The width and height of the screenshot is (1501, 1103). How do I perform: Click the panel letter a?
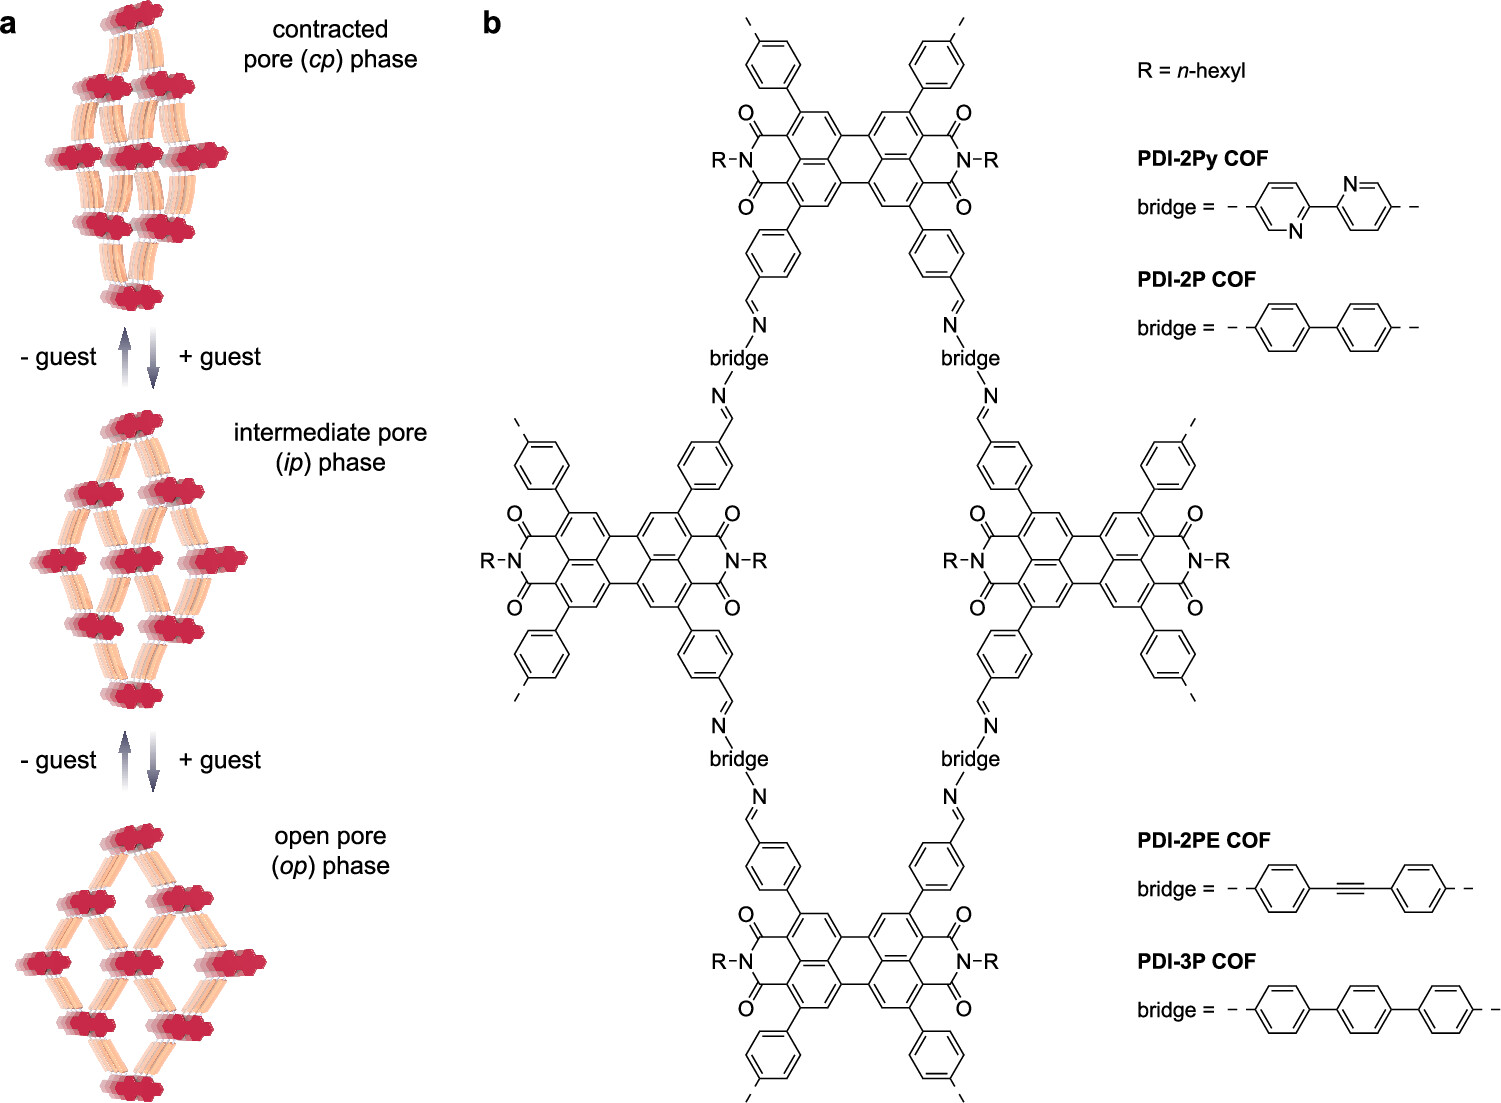(x=9, y=23)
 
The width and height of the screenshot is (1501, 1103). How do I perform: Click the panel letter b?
(x=491, y=22)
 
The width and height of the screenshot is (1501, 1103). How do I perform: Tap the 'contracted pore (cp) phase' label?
(x=330, y=45)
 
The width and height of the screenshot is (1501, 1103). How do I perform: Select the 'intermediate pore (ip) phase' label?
(x=330, y=447)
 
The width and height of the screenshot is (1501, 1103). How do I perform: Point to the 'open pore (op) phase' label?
(x=330, y=851)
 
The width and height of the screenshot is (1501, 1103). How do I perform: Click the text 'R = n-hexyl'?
(x=1191, y=71)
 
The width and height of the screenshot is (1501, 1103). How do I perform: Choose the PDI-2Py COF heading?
(x=1202, y=158)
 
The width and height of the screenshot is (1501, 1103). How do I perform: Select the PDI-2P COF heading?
(x=1196, y=280)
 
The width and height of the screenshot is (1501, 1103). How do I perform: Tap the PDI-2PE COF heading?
(x=1203, y=841)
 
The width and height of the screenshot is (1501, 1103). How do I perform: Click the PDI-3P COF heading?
(x=1196, y=962)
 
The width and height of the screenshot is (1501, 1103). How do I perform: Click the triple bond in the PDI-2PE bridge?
(x=1349, y=888)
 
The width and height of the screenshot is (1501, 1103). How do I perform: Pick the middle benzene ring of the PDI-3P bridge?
(x=1364, y=1010)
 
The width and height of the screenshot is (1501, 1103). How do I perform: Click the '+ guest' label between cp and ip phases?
(x=220, y=357)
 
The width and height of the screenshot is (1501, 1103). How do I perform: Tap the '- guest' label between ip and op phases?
(x=58, y=760)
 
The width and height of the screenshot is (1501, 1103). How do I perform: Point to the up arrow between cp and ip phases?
(x=125, y=357)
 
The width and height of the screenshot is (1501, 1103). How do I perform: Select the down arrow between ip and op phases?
(x=153, y=760)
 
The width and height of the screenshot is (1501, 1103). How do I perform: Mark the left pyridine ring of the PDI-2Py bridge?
(x=1282, y=208)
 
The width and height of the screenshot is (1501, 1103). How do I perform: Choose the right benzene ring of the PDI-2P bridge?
(x=1364, y=328)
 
